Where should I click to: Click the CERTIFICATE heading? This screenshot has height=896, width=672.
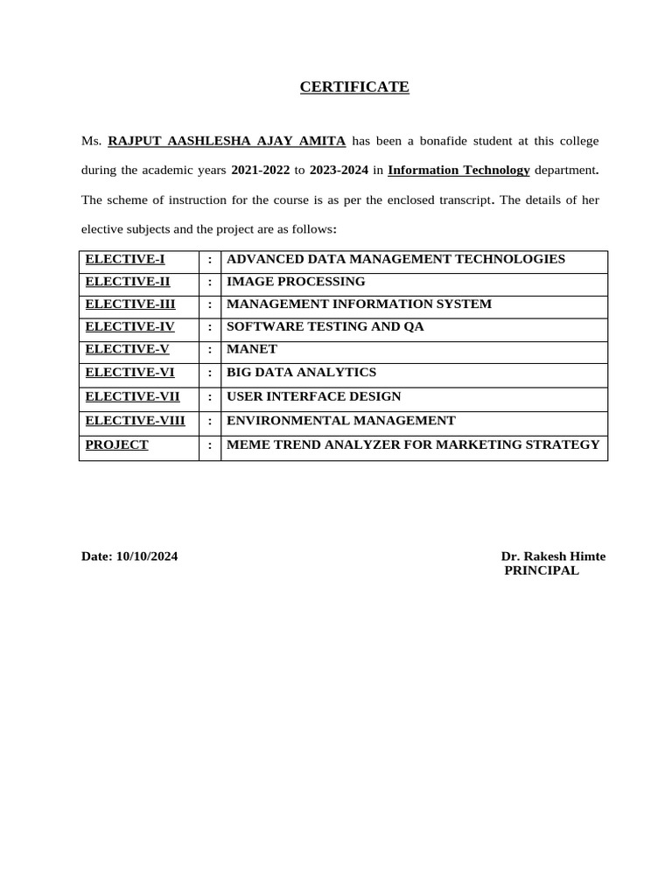[354, 87]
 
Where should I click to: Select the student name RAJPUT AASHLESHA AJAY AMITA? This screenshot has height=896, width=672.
[227, 140]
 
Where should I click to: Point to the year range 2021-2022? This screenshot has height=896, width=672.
[261, 170]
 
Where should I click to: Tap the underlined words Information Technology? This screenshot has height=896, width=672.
[458, 170]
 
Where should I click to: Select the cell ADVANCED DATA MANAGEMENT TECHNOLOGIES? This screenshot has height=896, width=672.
[395, 259]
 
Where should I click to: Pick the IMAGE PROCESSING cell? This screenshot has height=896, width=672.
[296, 282]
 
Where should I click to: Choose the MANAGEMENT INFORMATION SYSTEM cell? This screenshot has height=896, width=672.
[359, 304]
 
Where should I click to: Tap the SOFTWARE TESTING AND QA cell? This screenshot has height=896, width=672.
[325, 327]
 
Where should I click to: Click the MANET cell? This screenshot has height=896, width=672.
[252, 350]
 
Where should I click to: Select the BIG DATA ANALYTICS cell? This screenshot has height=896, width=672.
[301, 373]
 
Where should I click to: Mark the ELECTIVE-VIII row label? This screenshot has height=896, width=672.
[135, 421]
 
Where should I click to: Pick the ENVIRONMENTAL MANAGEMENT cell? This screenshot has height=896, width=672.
[340, 421]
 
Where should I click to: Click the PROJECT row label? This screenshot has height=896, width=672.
[116, 445]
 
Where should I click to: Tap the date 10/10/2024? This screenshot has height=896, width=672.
[147, 556]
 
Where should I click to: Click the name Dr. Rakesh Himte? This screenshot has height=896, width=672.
[553, 556]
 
